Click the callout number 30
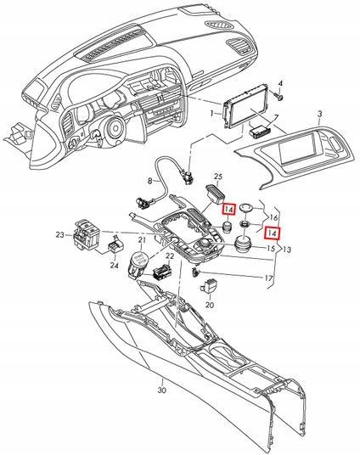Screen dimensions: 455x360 coord(162,391)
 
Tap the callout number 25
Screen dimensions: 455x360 coord(217,177)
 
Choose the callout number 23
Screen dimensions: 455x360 coord(59,234)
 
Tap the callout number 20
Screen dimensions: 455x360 coord(210,303)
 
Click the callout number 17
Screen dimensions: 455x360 coord(269,278)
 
